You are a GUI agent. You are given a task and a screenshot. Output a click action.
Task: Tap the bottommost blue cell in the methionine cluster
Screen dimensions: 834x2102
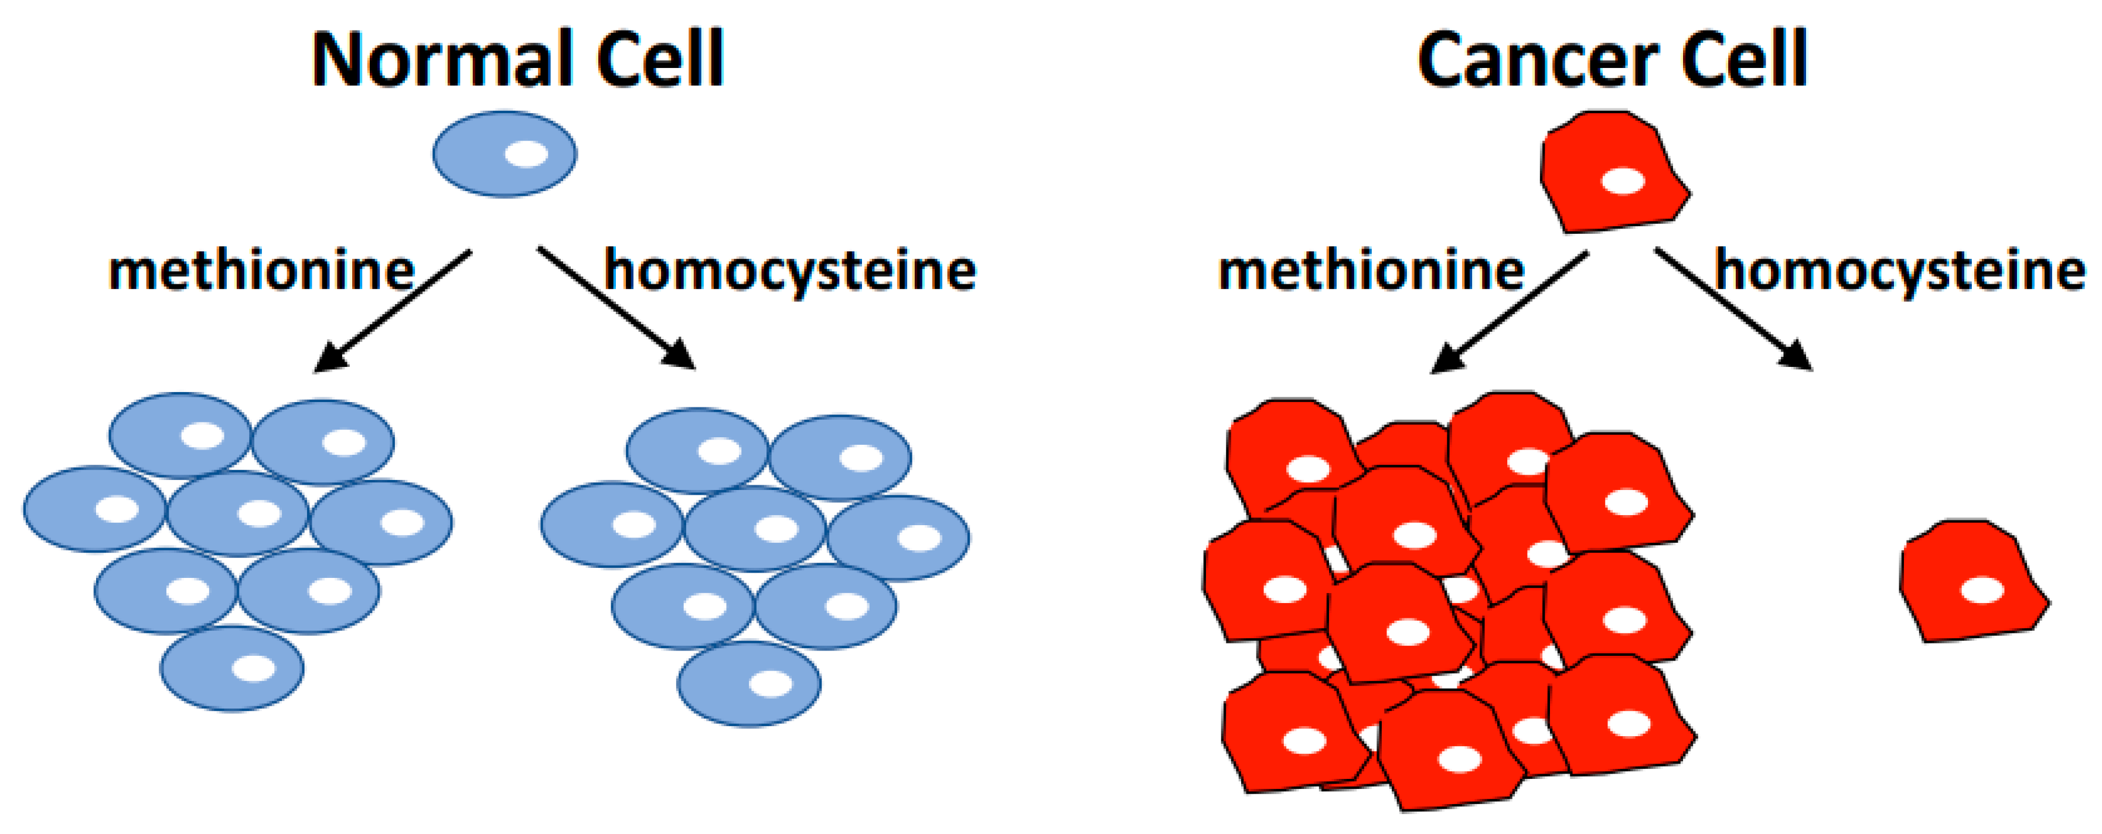pos(231,668)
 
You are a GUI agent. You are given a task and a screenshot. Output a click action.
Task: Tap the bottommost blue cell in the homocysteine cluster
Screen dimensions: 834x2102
pos(748,684)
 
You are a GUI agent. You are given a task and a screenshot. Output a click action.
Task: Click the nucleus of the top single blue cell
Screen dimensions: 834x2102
pos(526,154)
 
